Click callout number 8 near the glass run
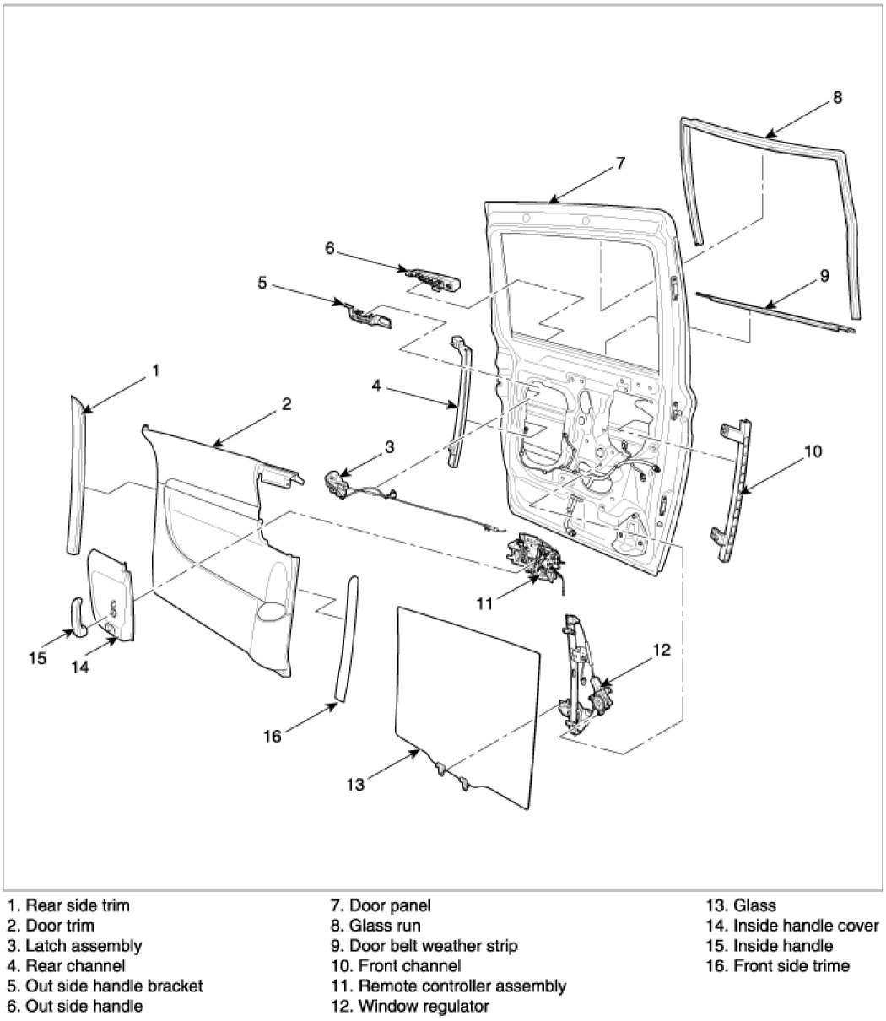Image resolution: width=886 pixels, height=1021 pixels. pos(836,97)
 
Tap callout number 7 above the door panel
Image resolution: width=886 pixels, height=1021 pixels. pos(620,164)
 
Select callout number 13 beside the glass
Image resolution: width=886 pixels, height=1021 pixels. pos(355,785)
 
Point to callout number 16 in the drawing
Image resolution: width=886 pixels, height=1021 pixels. pos(272,736)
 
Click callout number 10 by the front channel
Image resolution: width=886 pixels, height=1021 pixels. pos(812,451)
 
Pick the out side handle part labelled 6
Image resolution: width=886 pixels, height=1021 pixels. pos(432,276)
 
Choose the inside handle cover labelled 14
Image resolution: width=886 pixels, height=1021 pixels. pos(111,595)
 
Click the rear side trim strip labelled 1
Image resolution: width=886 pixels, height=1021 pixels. pos(77,477)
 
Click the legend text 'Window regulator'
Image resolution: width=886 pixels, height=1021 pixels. pos(424,1006)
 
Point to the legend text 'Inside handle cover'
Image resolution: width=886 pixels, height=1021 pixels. pos(806,926)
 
